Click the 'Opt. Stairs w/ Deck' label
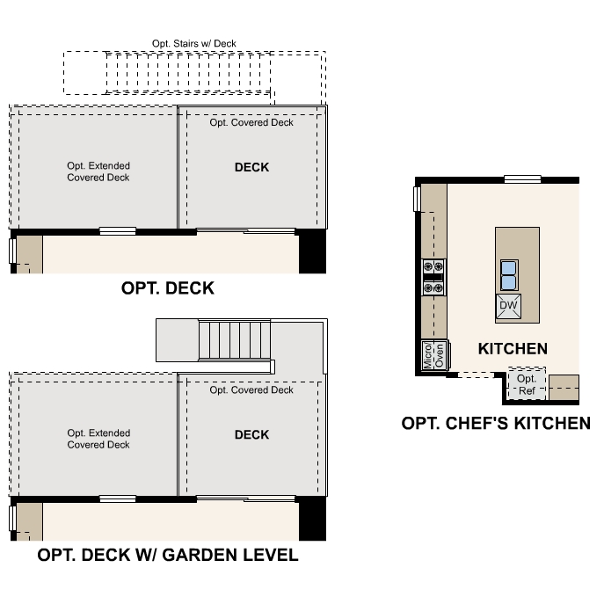point(193,43)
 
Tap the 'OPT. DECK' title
point(167,288)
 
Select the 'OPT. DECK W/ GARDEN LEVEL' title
point(167,556)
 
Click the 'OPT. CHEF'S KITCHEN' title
point(496,424)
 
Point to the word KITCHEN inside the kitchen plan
point(513,349)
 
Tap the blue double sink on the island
point(509,274)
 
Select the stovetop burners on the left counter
point(434,275)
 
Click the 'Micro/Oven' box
point(434,355)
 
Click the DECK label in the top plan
point(251,168)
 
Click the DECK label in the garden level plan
point(251,435)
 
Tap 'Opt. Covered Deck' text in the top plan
point(251,123)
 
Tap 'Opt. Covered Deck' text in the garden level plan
point(251,389)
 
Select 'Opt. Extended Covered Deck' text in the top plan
point(98,171)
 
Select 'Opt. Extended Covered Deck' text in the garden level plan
point(98,439)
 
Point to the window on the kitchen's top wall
point(522,179)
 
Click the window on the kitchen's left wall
point(418,200)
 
